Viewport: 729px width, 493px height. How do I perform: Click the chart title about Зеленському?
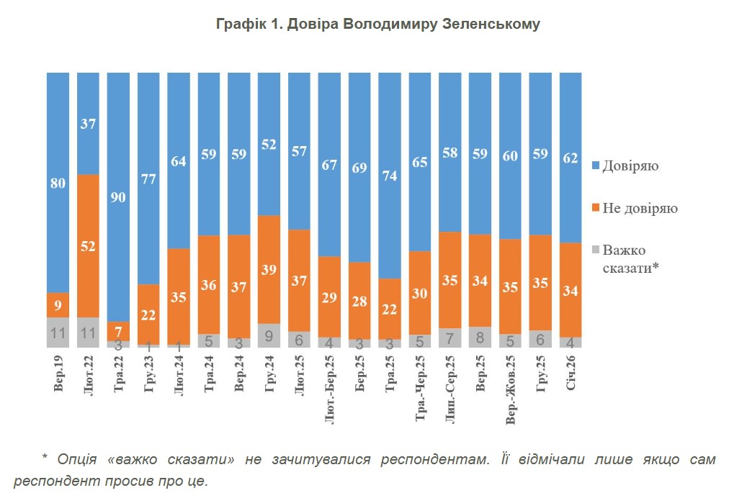378,24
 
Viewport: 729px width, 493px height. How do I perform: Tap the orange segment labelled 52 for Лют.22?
89,245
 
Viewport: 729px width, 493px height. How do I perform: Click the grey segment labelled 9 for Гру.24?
269,335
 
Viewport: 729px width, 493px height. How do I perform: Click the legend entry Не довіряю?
640,208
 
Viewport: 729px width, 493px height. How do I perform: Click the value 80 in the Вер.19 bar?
58,183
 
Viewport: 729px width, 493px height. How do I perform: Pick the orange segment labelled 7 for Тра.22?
119,331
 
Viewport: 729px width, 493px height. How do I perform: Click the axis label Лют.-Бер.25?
329,389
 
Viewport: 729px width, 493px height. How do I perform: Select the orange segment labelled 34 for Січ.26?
571,290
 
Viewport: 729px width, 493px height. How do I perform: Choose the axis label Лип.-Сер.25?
450,389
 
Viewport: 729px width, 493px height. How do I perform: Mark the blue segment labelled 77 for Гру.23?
148,178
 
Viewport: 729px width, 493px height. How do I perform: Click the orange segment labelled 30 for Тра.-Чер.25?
420,293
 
